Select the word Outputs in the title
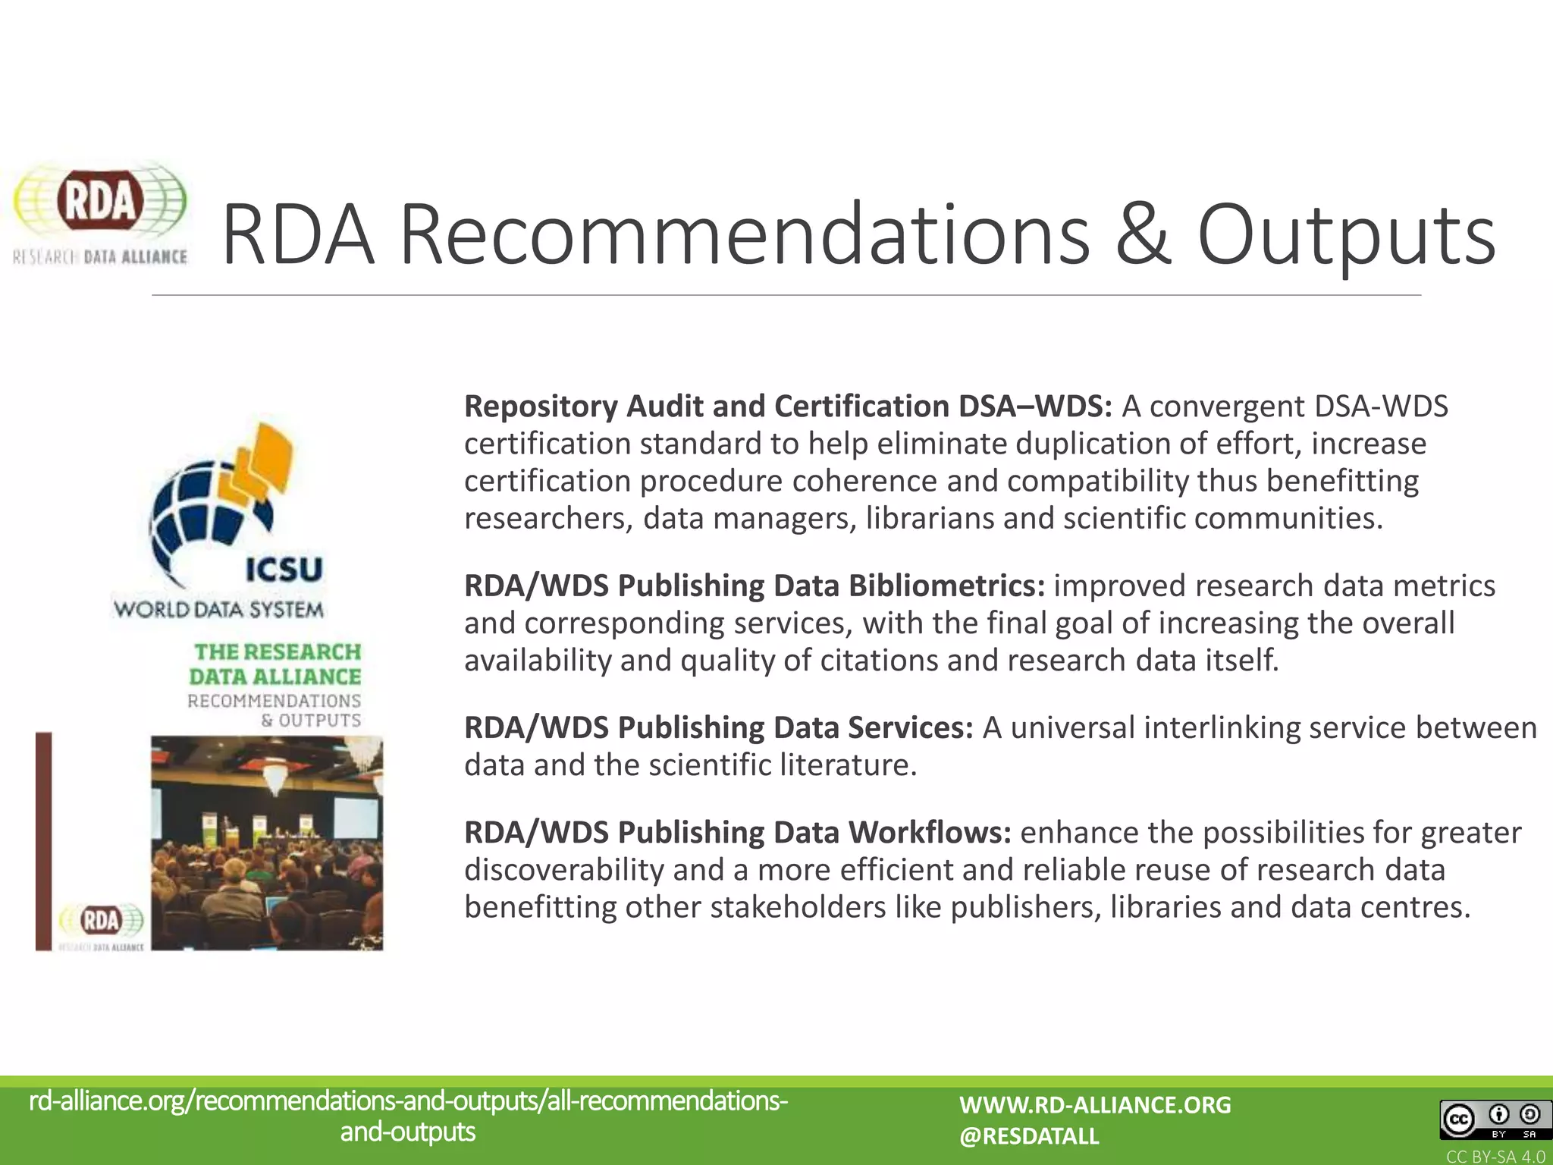pyautogui.click(x=1346, y=235)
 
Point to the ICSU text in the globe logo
pyautogui.click(x=284, y=569)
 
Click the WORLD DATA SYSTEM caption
pyautogui.click(x=218, y=609)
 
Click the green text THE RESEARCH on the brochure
pyautogui.click(x=278, y=652)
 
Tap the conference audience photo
pyautogui.click(x=267, y=842)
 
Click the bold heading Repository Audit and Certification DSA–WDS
pyautogui.click(x=787, y=407)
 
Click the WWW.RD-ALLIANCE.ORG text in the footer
pyautogui.click(x=1095, y=1104)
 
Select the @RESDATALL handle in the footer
pyautogui.click(x=1028, y=1136)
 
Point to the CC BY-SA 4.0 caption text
pyautogui.click(x=1495, y=1157)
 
